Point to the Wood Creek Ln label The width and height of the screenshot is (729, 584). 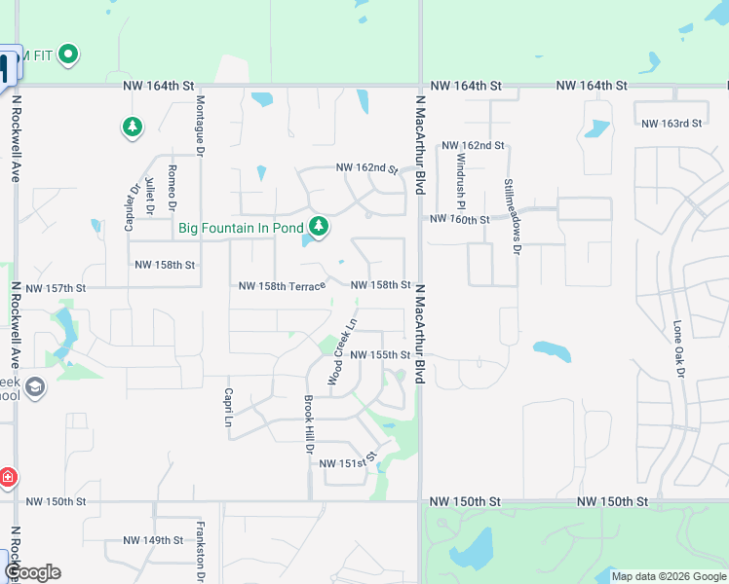342,351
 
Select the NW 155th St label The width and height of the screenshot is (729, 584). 380,355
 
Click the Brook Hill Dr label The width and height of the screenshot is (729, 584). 307,424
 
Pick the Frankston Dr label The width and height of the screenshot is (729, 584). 199,544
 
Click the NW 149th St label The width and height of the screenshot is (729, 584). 153,540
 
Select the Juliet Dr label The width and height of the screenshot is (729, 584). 149,195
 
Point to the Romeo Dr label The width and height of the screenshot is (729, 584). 172,187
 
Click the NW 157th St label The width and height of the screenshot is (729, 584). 57,288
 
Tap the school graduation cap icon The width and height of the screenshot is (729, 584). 35,388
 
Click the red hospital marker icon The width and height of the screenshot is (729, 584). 8,477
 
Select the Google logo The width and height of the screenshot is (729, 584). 32,572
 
